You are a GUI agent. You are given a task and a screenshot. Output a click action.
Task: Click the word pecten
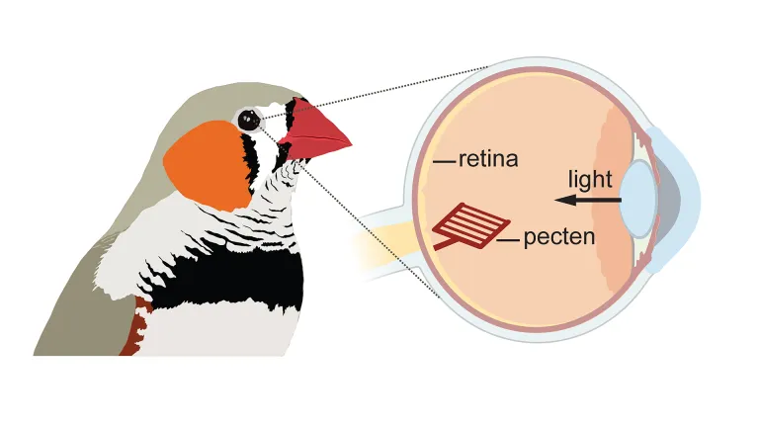point(559,237)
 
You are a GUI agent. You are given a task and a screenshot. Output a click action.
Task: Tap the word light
point(590,179)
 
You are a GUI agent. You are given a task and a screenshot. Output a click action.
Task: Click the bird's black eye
point(247,121)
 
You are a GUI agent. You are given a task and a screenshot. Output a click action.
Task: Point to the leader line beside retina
point(445,159)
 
